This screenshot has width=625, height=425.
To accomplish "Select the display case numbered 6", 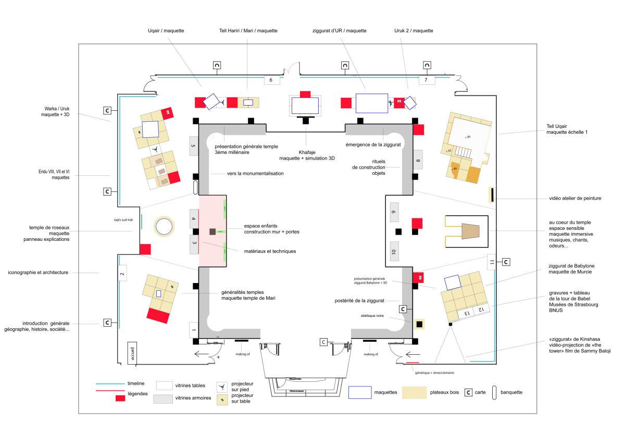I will point(271,80).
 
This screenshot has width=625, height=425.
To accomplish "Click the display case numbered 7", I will point(426,80).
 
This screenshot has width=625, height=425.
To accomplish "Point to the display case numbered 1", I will point(194,330).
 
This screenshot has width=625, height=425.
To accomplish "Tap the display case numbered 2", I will point(122,273).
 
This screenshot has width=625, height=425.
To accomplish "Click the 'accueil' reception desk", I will point(132,353).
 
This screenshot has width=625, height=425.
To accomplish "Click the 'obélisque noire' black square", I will point(419,325).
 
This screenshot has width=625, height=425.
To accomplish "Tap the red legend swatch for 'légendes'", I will point(120,398).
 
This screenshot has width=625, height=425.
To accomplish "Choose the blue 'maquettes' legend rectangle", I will point(362,392).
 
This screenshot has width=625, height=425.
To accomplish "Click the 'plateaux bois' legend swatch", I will point(421,392).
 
